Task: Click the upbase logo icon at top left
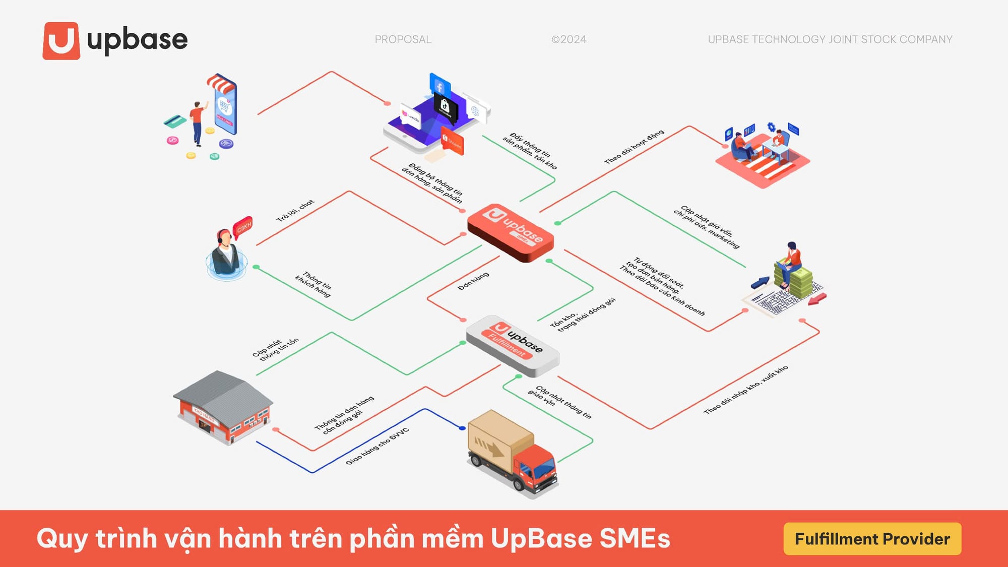61,40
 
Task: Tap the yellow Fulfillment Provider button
872,539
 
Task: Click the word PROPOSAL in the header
403,39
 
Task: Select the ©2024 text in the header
569,39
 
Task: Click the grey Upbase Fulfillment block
512,346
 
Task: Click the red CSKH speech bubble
243,227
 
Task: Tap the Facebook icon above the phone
439,86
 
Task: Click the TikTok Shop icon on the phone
445,107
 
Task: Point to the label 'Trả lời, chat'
295,210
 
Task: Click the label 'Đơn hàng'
473,281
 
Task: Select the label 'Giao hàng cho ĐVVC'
377,447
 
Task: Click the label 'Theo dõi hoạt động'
634,147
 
